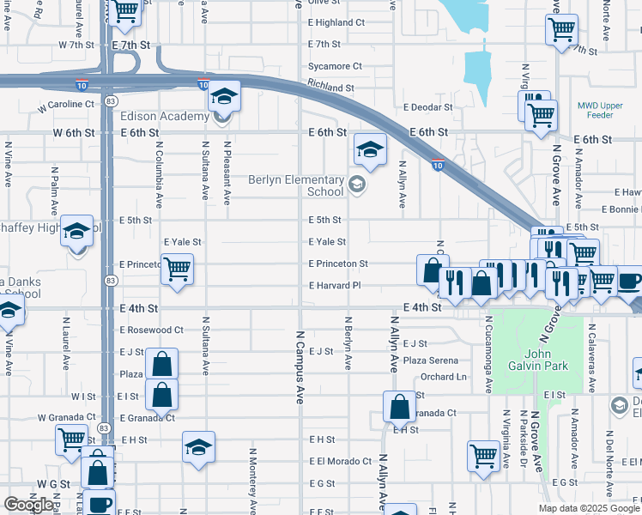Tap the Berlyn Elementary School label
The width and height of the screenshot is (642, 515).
pos(296,185)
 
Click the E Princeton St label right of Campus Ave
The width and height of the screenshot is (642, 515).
pos(338,264)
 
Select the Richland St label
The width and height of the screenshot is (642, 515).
pos(330,88)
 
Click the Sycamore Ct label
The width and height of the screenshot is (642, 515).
pos(335,66)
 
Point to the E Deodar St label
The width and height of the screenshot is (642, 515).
pos(427,107)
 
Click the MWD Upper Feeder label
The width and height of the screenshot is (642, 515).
pos(604,108)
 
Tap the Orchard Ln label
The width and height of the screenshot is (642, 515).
pos(444,377)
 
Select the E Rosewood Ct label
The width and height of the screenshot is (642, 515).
pos(152,330)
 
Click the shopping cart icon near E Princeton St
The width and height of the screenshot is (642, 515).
pos(177,269)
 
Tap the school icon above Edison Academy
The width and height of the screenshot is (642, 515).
pos(224,96)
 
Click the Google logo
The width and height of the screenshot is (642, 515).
pos(28,505)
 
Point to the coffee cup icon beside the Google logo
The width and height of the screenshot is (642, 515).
pos(99,502)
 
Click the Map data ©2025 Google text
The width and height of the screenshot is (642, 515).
pos(589,508)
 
